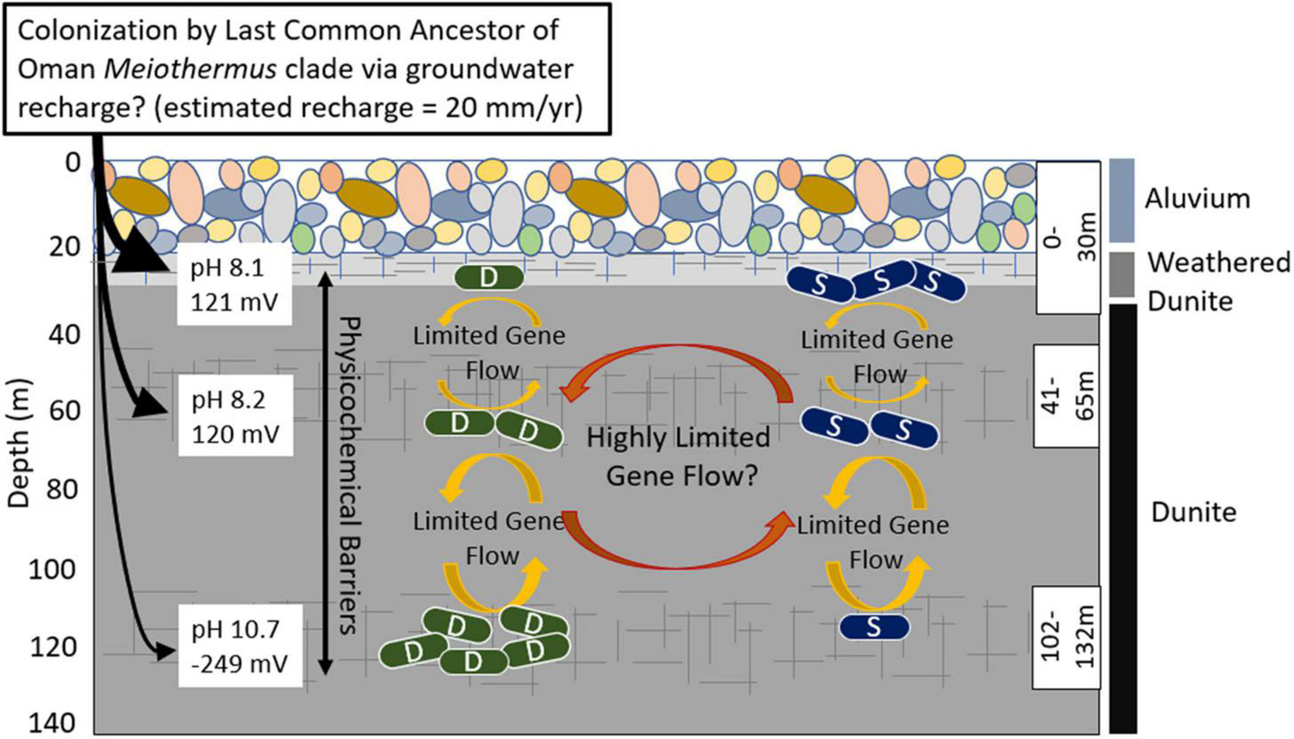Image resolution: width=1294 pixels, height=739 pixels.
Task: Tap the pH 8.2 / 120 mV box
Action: [235, 416]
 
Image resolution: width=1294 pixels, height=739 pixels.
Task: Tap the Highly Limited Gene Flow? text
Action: [679, 456]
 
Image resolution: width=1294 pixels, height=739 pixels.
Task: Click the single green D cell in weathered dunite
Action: [488, 277]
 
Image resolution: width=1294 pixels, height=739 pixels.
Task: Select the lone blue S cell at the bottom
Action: [874, 626]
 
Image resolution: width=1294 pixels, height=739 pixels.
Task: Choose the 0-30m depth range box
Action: [1068, 237]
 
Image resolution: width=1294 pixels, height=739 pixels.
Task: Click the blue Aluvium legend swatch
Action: [1121, 200]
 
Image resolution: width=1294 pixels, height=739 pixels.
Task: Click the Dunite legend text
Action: [1194, 512]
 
